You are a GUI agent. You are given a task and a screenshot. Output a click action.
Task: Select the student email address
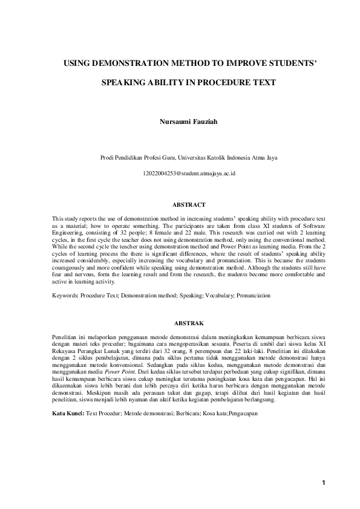(x=180, y=173)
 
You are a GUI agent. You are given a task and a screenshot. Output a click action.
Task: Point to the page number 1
(x=324, y=482)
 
